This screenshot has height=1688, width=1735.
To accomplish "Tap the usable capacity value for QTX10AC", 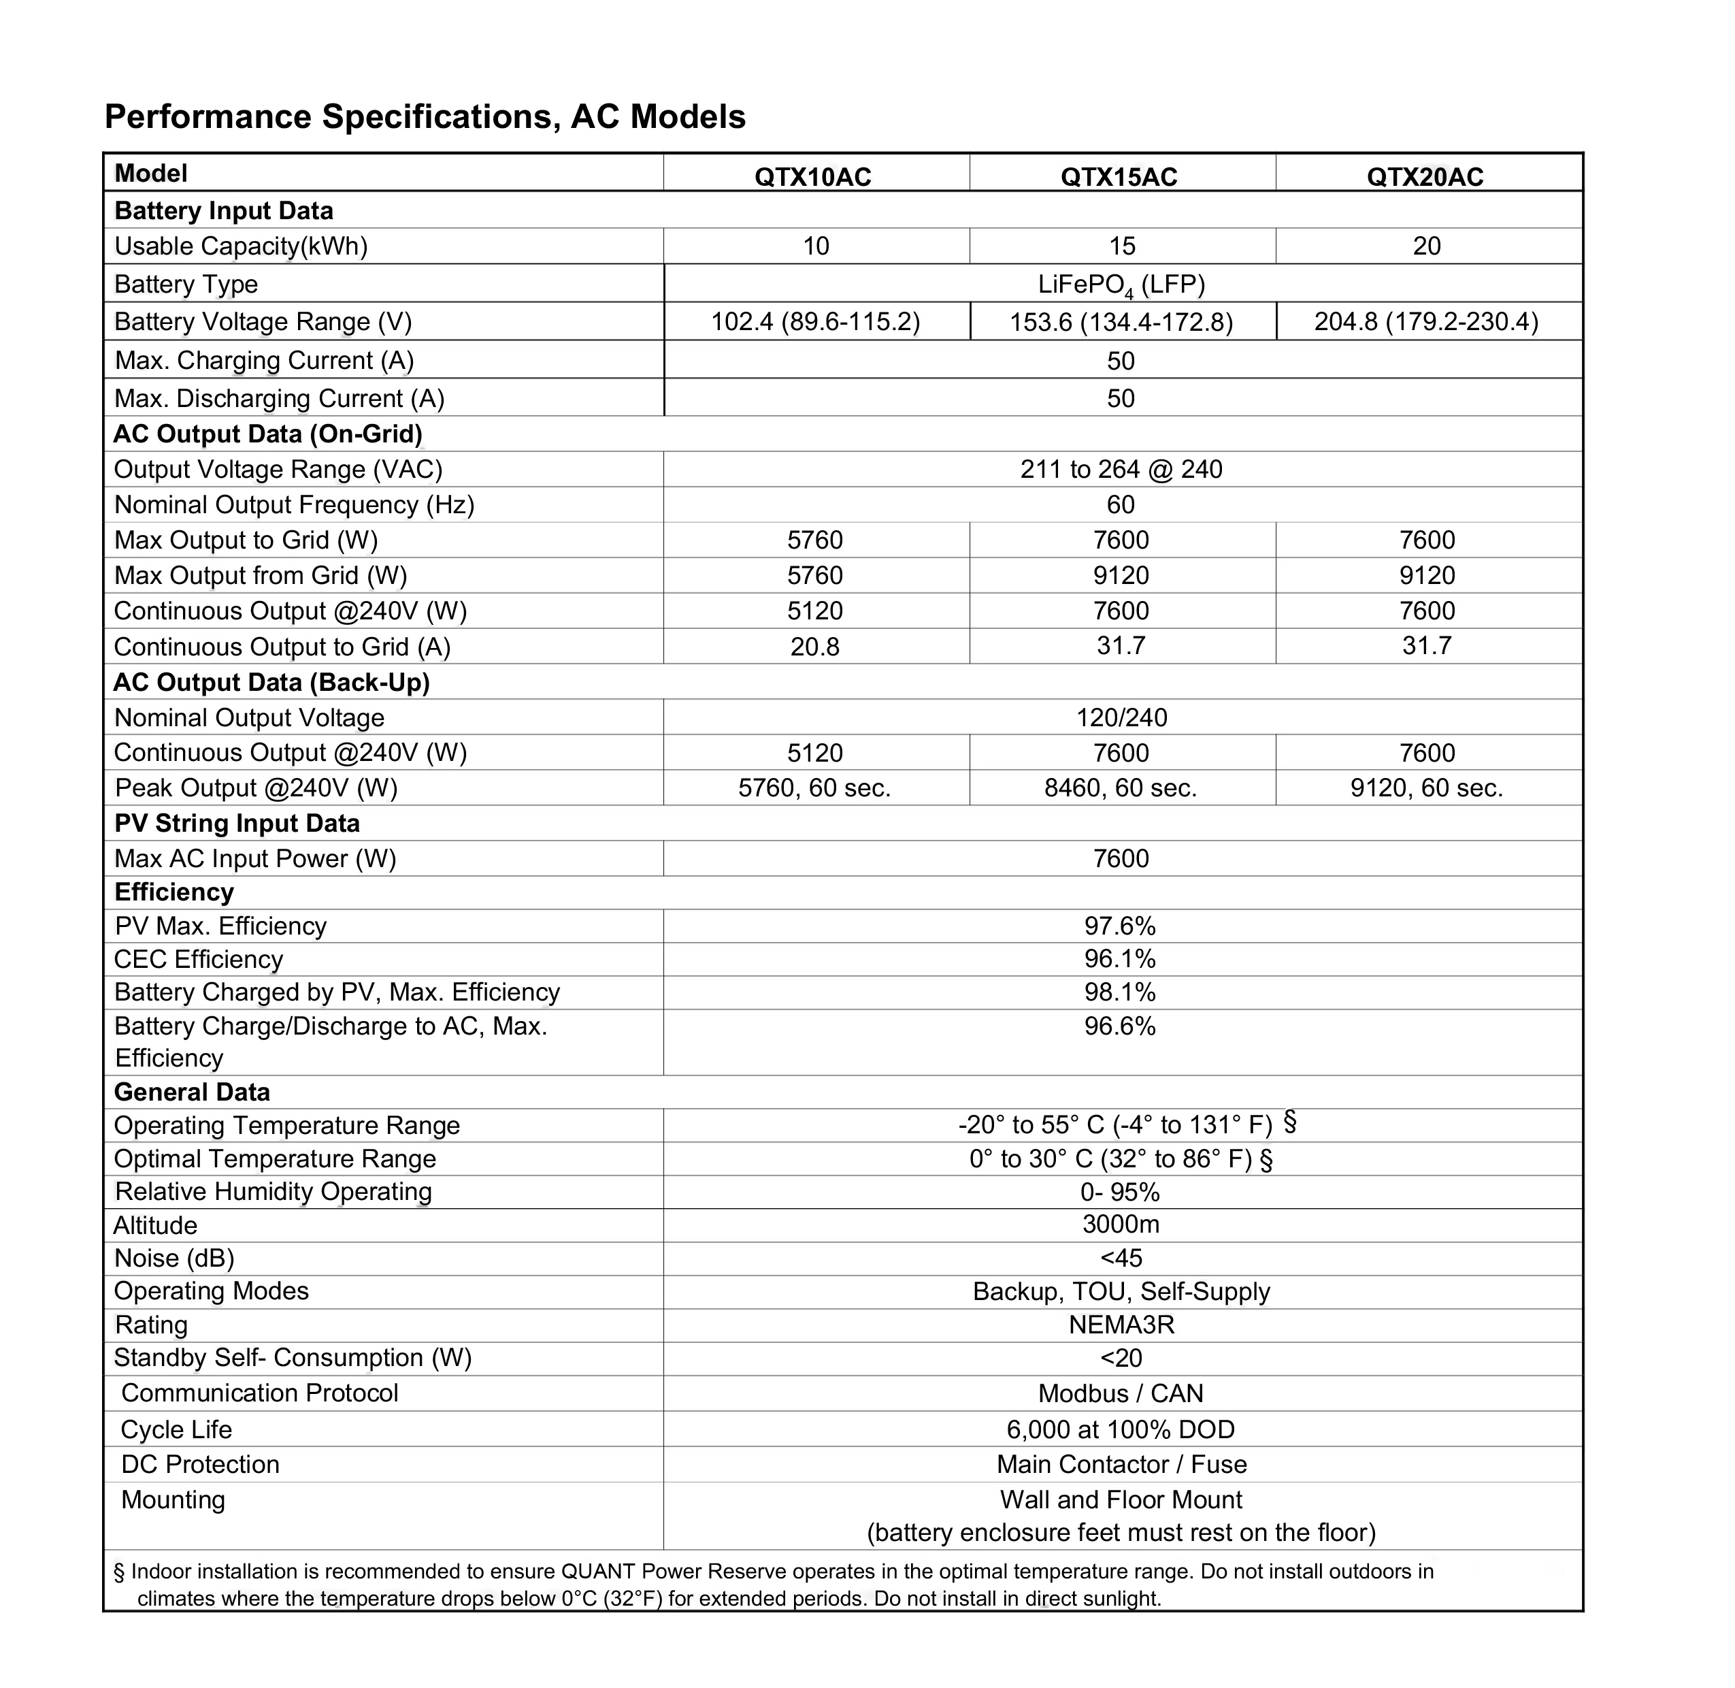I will pyautogui.click(x=815, y=246).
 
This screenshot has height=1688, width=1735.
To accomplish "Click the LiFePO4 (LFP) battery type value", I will pyautogui.click(x=1121, y=285).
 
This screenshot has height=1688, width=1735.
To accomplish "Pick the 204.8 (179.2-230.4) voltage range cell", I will pyautogui.click(x=1425, y=321).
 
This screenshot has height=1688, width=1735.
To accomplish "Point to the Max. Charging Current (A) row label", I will pyautogui.click(x=264, y=361).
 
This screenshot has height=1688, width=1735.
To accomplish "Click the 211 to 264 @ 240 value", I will pyautogui.click(x=1121, y=469).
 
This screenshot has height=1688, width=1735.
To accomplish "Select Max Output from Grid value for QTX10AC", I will pyautogui.click(x=815, y=575).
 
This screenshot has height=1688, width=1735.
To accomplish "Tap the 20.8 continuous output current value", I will pyautogui.click(x=815, y=647).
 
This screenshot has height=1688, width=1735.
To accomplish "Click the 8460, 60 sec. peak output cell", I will pyautogui.click(x=1120, y=788).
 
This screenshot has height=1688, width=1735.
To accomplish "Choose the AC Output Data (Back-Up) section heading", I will pyautogui.click(x=271, y=682).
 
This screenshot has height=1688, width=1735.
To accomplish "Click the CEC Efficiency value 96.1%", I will pyautogui.click(x=1120, y=959).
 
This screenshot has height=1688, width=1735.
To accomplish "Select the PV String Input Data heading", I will pyautogui.click(x=237, y=824).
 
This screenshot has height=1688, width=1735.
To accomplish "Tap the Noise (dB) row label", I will pyautogui.click(x=175, y=1258).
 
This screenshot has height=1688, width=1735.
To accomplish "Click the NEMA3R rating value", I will pyautogui.click(x=1121, y=1325).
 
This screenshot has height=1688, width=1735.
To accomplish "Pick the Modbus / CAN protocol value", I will pyautogui.click(x=1121, y=1393).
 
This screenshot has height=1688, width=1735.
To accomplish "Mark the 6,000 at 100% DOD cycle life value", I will pyautogui.click(x=1120, y=1429).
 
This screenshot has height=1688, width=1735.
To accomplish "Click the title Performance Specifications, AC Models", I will pyautogui.click(x=425, y=117).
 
